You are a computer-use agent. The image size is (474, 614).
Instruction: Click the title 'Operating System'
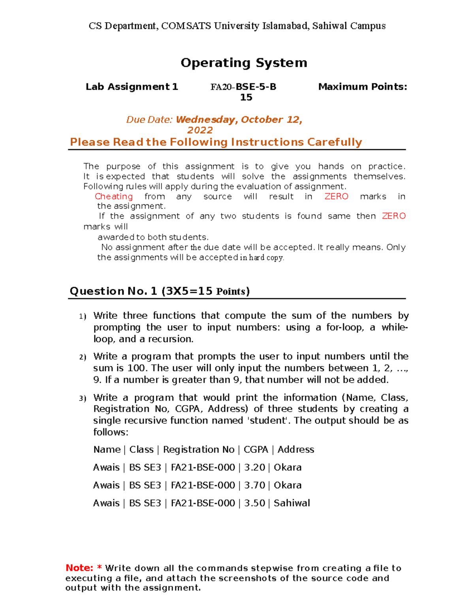[x=244, y=63]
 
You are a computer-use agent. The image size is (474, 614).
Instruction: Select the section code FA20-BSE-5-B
[x=243, y=87]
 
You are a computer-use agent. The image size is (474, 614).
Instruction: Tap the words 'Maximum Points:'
[x=362, y=87]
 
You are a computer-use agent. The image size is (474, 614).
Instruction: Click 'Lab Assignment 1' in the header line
[x=132, y=87]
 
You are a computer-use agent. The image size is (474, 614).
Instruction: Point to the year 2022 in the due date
[x=200, y=130]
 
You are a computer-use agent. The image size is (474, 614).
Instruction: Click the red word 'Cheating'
[x=114, y=196]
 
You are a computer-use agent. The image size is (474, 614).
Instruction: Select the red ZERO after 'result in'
[x=336, y=196]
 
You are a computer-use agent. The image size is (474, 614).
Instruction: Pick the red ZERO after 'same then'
[x=394, y=216]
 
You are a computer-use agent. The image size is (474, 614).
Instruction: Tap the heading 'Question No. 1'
[x=113, y=291]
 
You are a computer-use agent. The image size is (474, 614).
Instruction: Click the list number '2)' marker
[x=83, y=357]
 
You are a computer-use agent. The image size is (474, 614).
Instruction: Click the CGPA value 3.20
[x=254, y=467]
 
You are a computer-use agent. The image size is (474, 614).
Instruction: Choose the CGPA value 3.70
[x=254, y=485]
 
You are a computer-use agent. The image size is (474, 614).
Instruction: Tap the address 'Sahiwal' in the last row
[x=292, y=503]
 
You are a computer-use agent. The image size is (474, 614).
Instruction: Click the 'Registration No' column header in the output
[x=199, y=450]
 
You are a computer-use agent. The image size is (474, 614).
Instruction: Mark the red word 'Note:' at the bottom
[x=79, y=568]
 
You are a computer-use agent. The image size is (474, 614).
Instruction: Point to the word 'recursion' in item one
[x=173, y=339]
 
